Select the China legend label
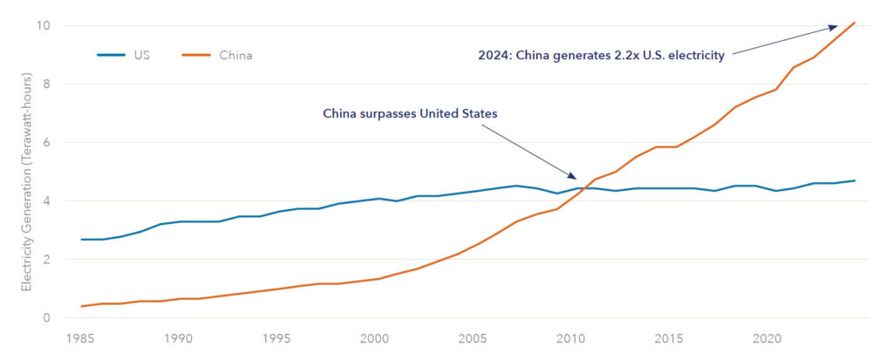point(236,56)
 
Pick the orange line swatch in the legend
point(197,56)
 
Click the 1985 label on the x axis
point(81,338)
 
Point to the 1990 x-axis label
point(179,338)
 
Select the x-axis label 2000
point(374,338)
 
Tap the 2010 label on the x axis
point(570,338)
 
